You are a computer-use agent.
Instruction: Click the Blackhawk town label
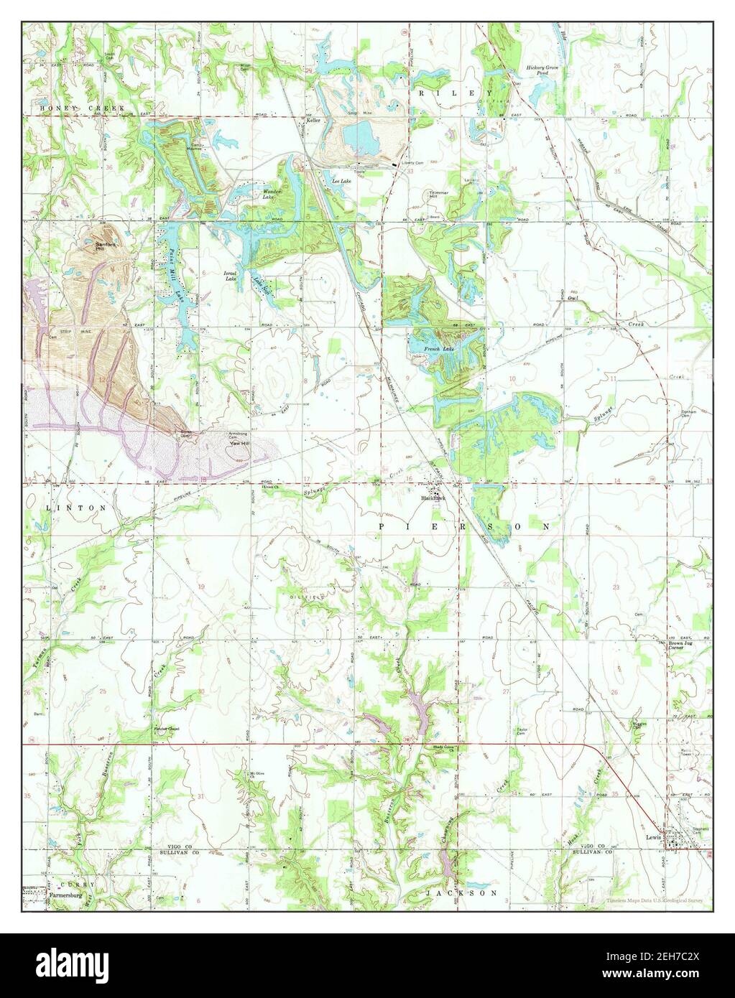click(x=434, y=497)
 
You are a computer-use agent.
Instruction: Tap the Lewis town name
click(x=652, y=836)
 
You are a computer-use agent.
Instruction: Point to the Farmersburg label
click(x=68, y=895)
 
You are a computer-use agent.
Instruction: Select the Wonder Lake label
click(x=274, y=194)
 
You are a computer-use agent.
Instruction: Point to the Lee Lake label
click(x=341, y=182)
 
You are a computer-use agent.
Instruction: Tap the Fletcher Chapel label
click(x=166, y=729)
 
